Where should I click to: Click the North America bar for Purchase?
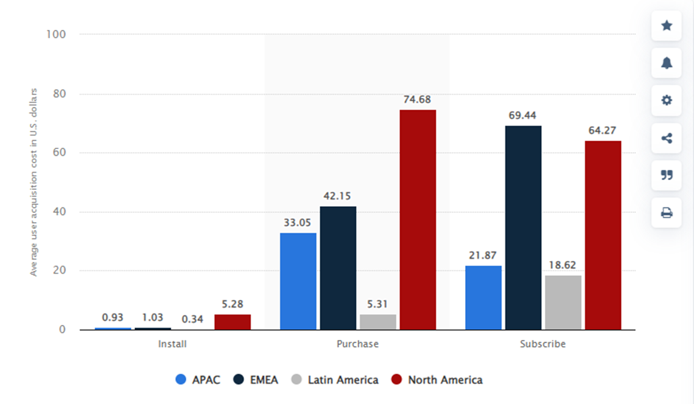418,220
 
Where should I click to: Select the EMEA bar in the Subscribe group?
523,228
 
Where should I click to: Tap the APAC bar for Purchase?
298,281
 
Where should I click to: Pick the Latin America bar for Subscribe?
563,302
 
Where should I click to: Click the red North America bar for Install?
233,322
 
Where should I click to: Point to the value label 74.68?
418,99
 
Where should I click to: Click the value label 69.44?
523,115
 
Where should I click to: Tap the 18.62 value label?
563,265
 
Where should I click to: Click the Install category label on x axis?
172,344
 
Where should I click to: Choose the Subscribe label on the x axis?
542,344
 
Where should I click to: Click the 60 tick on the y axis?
59,153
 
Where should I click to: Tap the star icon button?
667,26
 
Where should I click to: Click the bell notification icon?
667,63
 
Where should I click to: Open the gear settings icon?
667,100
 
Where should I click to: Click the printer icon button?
667,213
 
